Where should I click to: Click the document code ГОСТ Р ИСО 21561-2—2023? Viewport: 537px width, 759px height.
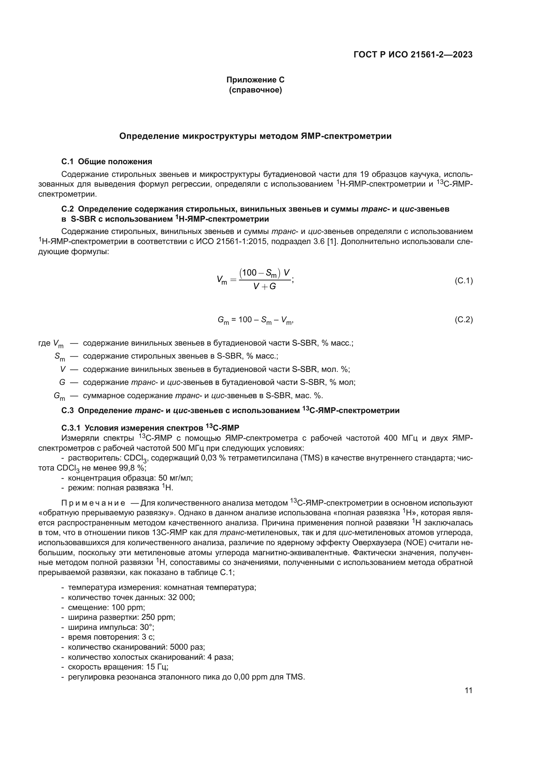pyautogui.click(x=413, y=55)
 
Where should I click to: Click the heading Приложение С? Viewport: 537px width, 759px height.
pyautogui.click(x=255, y=80)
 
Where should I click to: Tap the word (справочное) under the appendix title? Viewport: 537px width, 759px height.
pyautogui.click(x=255, y=90)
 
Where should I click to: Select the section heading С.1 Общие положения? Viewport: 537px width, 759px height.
pyautogui.click(x=107, y=162)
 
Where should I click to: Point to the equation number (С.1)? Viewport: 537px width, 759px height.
pyautogui.click(x=464, y=281)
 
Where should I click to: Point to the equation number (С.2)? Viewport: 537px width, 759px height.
pyautogui.click(x=464, y=320)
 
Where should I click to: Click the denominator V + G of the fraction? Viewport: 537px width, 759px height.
pyautogui.click(x=265, y=287)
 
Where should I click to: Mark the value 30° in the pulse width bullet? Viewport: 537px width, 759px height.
pyautogui.click(x=146, y=627)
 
